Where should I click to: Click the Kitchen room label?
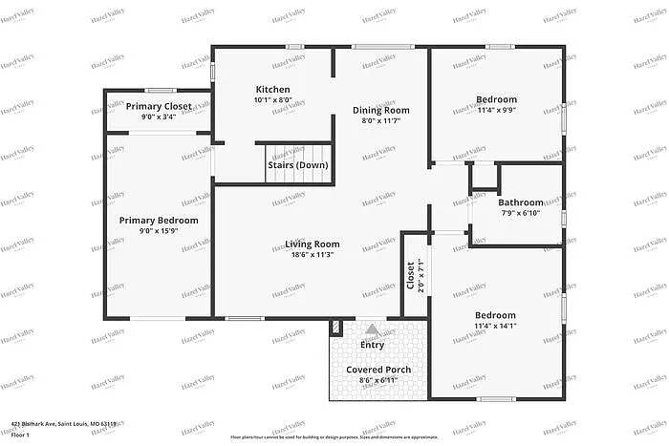[x=272, y=90]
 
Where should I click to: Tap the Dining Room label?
[x=380, y=110]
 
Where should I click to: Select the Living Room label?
[x=313, y=244]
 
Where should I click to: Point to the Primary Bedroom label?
[x=159, y=221]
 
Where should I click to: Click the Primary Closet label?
[x=159, y=106]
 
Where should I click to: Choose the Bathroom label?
[x=521, y=202]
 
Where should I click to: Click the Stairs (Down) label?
[x=298, y=165]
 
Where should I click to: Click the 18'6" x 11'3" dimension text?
[x=313, y=255]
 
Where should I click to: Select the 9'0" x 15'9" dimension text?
[x=159, y=231]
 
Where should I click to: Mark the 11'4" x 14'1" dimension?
[x=495, y=326]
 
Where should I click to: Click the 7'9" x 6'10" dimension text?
[x=521, y=212]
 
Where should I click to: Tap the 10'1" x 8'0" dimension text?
[x=272, y=99]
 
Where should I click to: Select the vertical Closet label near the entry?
[x=411, y=276]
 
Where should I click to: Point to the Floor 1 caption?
[x=22, y=435]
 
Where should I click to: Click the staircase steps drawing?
[x=297, y=151]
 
